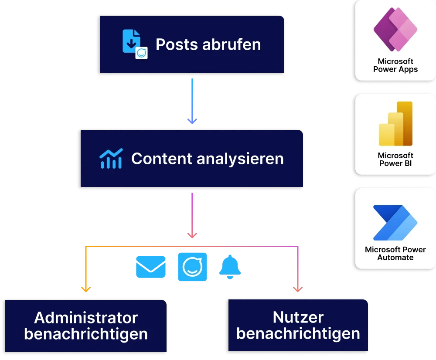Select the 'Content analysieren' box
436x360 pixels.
(191, 159)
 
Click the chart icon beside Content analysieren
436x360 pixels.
(110, 159)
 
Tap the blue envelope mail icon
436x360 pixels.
(151, 267)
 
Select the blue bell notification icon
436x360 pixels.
(230, 267)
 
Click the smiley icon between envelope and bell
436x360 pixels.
(193, 266)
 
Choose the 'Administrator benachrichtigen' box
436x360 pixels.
(85, 326)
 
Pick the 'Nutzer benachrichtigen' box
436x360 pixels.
(298, 326)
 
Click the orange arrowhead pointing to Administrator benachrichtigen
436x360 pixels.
(86, 289)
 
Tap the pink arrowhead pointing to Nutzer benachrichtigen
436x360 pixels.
(298, 289)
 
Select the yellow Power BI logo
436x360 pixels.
(395, 124)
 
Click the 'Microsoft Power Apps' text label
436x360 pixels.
(395, 65)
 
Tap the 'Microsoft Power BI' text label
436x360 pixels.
(395, 160)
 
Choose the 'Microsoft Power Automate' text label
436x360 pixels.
(395, 254)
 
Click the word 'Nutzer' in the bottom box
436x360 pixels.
(298, 317)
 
